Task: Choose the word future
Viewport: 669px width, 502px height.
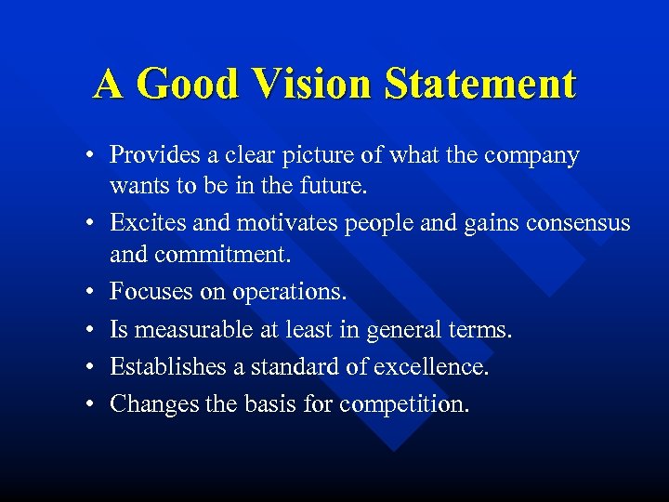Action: coord(334,185)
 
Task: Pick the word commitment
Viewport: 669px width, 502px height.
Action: coord(223,253)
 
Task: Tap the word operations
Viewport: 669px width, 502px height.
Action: coord(288,292)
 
